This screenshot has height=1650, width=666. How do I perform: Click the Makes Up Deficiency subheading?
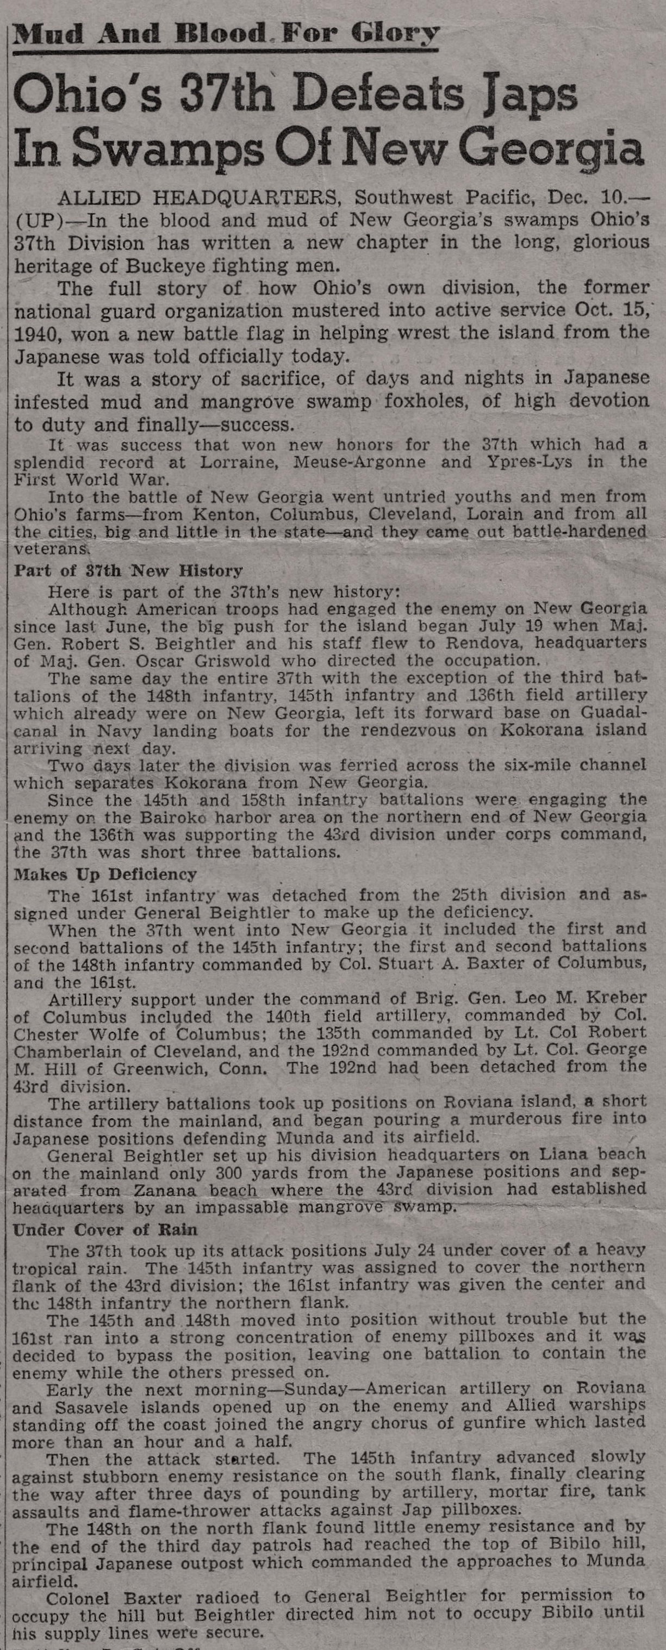[105, 874]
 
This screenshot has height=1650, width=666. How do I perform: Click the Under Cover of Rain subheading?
[105, 1229]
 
